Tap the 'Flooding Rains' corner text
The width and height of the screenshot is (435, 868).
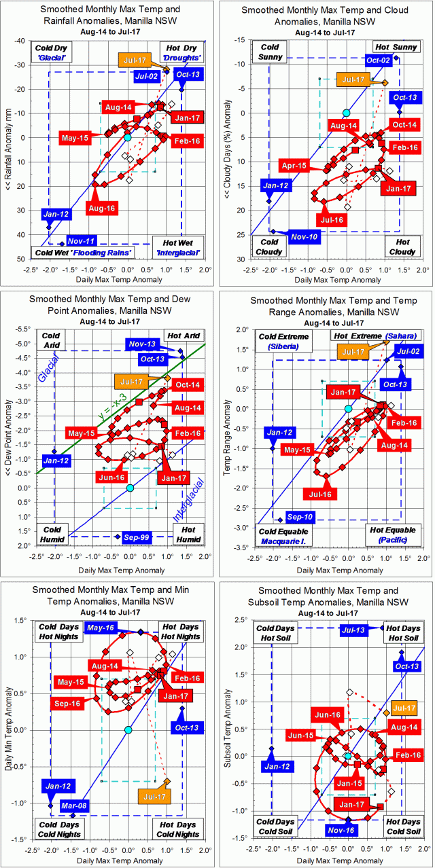(108, 253)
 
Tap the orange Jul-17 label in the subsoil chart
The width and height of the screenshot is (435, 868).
(404, 708)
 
